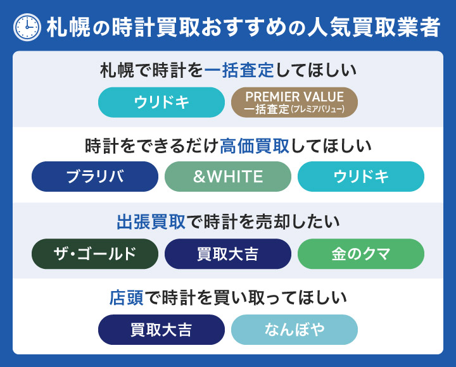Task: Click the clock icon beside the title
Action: click(26, 26)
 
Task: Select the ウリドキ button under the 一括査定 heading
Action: click(161, 103)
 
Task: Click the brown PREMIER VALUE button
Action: click(294, 103)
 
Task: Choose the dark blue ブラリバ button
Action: click(95, 177)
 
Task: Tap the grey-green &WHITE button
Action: click(228, 177)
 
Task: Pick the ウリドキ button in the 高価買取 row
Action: click(361, 177)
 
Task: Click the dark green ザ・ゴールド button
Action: click(95, 254)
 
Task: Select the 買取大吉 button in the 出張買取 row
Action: click(228, 254)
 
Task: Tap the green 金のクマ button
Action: click(361, 254)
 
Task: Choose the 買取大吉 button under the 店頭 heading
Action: click(161, 330)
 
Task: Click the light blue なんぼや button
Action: click(294, 330)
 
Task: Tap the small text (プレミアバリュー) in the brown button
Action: click(317, 109)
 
